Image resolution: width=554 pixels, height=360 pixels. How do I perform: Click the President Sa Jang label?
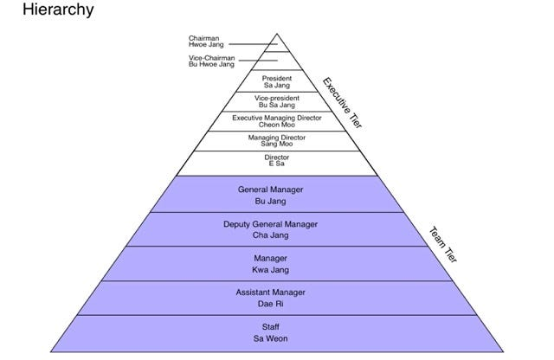pyautogui.click(x=277, y=81)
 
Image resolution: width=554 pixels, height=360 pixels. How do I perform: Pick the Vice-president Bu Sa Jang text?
pyautogui.click(x=277, y=101)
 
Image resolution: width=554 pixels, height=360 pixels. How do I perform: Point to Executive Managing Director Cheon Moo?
pyautogui.click(x=277, y=121)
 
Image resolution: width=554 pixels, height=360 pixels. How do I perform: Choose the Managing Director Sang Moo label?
pyautogui.click(x=277, y=141)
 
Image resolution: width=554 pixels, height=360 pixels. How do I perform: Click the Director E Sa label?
pyautogui.click(x=277, y=161)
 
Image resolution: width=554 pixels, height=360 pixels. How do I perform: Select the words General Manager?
pyautogui.click(x=277, y=189)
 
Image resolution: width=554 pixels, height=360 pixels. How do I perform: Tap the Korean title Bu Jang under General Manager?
pyautogui.click(x=277, y=201)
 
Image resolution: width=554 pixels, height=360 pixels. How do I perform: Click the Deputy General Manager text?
pyautogui.click(x=270, y=224)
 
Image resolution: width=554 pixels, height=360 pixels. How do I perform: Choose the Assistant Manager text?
pyautogui.click(x=270, y=293)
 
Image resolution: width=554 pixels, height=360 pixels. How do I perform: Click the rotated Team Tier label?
pyautogui.click(x=444, y=246)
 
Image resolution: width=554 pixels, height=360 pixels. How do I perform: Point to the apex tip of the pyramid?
pyautogui.click(x=277, y=34)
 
